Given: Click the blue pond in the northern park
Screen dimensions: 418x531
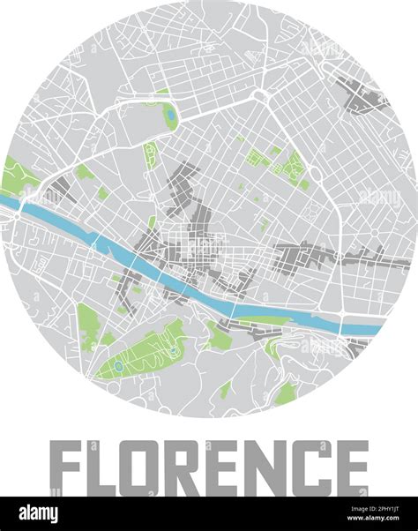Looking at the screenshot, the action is (x=170, y=114).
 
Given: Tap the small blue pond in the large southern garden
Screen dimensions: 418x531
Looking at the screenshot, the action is (x=117, y=363).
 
